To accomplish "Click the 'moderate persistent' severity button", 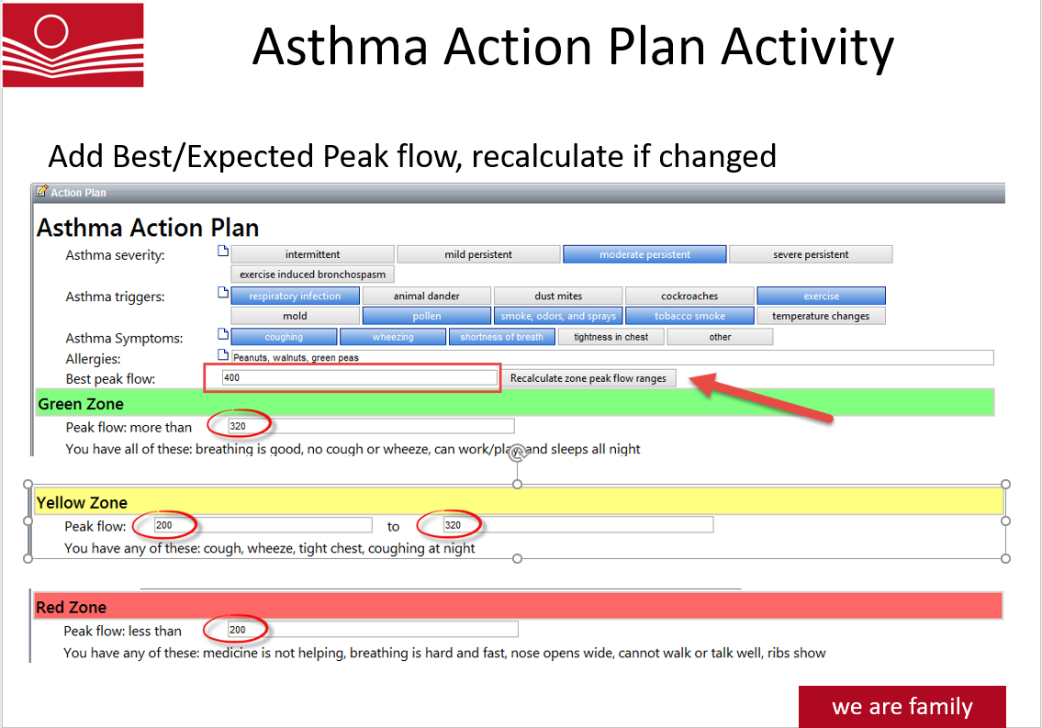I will point(644,254).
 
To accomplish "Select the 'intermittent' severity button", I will point(312,254).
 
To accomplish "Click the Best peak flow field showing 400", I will point(358,377).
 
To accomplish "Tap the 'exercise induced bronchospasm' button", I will point(312,274).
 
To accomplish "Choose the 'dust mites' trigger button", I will point(558,296).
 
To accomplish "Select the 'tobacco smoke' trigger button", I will point(689,316).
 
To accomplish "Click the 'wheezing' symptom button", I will point(393,337).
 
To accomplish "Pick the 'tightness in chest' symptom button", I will point(611,337).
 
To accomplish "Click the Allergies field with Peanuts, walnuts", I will point(606,357).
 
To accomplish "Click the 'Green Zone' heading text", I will point(81,404).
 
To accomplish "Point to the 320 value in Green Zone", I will point(238,426).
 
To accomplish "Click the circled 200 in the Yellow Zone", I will point(164,525).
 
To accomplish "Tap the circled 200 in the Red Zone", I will point(237,630).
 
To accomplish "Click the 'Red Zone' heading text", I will point(72,607).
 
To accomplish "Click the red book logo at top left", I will point(73,45).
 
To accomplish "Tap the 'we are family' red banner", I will point(902,706).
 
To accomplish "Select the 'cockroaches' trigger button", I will point(689,296).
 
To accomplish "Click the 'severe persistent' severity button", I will point(811,254).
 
